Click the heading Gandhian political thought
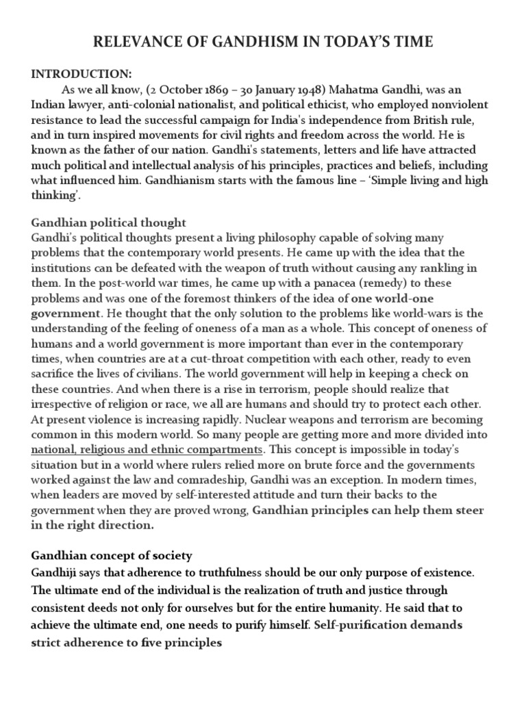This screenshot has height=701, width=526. [109, 223]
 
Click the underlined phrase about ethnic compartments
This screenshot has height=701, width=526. [147, 449]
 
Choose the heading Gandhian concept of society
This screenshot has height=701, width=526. [112, 555]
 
